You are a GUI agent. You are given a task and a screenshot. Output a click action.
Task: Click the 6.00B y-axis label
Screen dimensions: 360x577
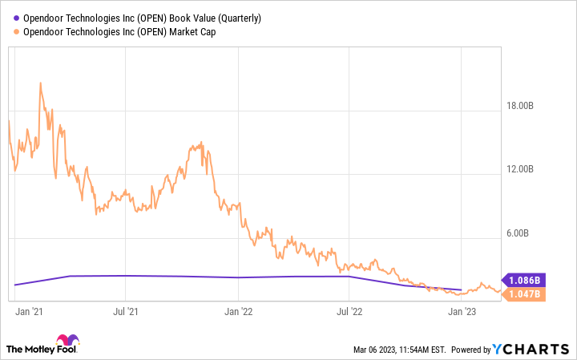(x=525, y=234)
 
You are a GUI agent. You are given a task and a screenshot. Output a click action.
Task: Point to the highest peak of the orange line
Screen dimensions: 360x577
(x=40, y=83)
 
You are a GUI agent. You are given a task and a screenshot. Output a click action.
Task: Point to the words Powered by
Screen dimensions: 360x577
(x=470, y=350)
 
